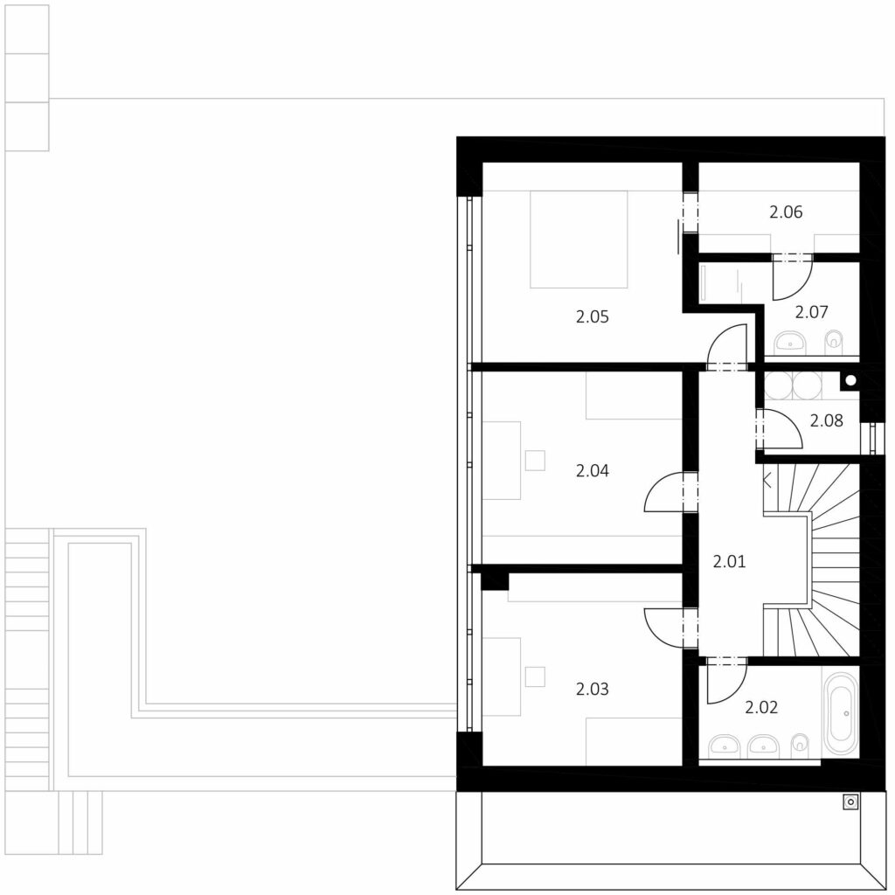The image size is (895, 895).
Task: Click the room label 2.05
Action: coord(592,316)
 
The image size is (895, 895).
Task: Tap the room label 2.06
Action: coord(786,212)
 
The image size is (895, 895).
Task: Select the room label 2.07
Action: coord(811,312)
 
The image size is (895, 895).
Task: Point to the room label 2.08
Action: coord(826,420)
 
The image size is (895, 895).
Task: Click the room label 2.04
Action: coord(592,471)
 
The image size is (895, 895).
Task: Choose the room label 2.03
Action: coord(592,690)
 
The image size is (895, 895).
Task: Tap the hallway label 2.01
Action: coord(729,562)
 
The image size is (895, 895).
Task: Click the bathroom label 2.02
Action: coord(761,708)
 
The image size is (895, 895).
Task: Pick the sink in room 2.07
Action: coord(790,343)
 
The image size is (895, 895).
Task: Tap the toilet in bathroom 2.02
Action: coord(801,744)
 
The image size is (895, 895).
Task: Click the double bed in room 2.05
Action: coord(579,239)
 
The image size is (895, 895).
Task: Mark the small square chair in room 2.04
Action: coord(535,460)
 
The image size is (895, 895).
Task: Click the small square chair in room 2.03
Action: coord(535,676)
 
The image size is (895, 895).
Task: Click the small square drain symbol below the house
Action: coord(850,802)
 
